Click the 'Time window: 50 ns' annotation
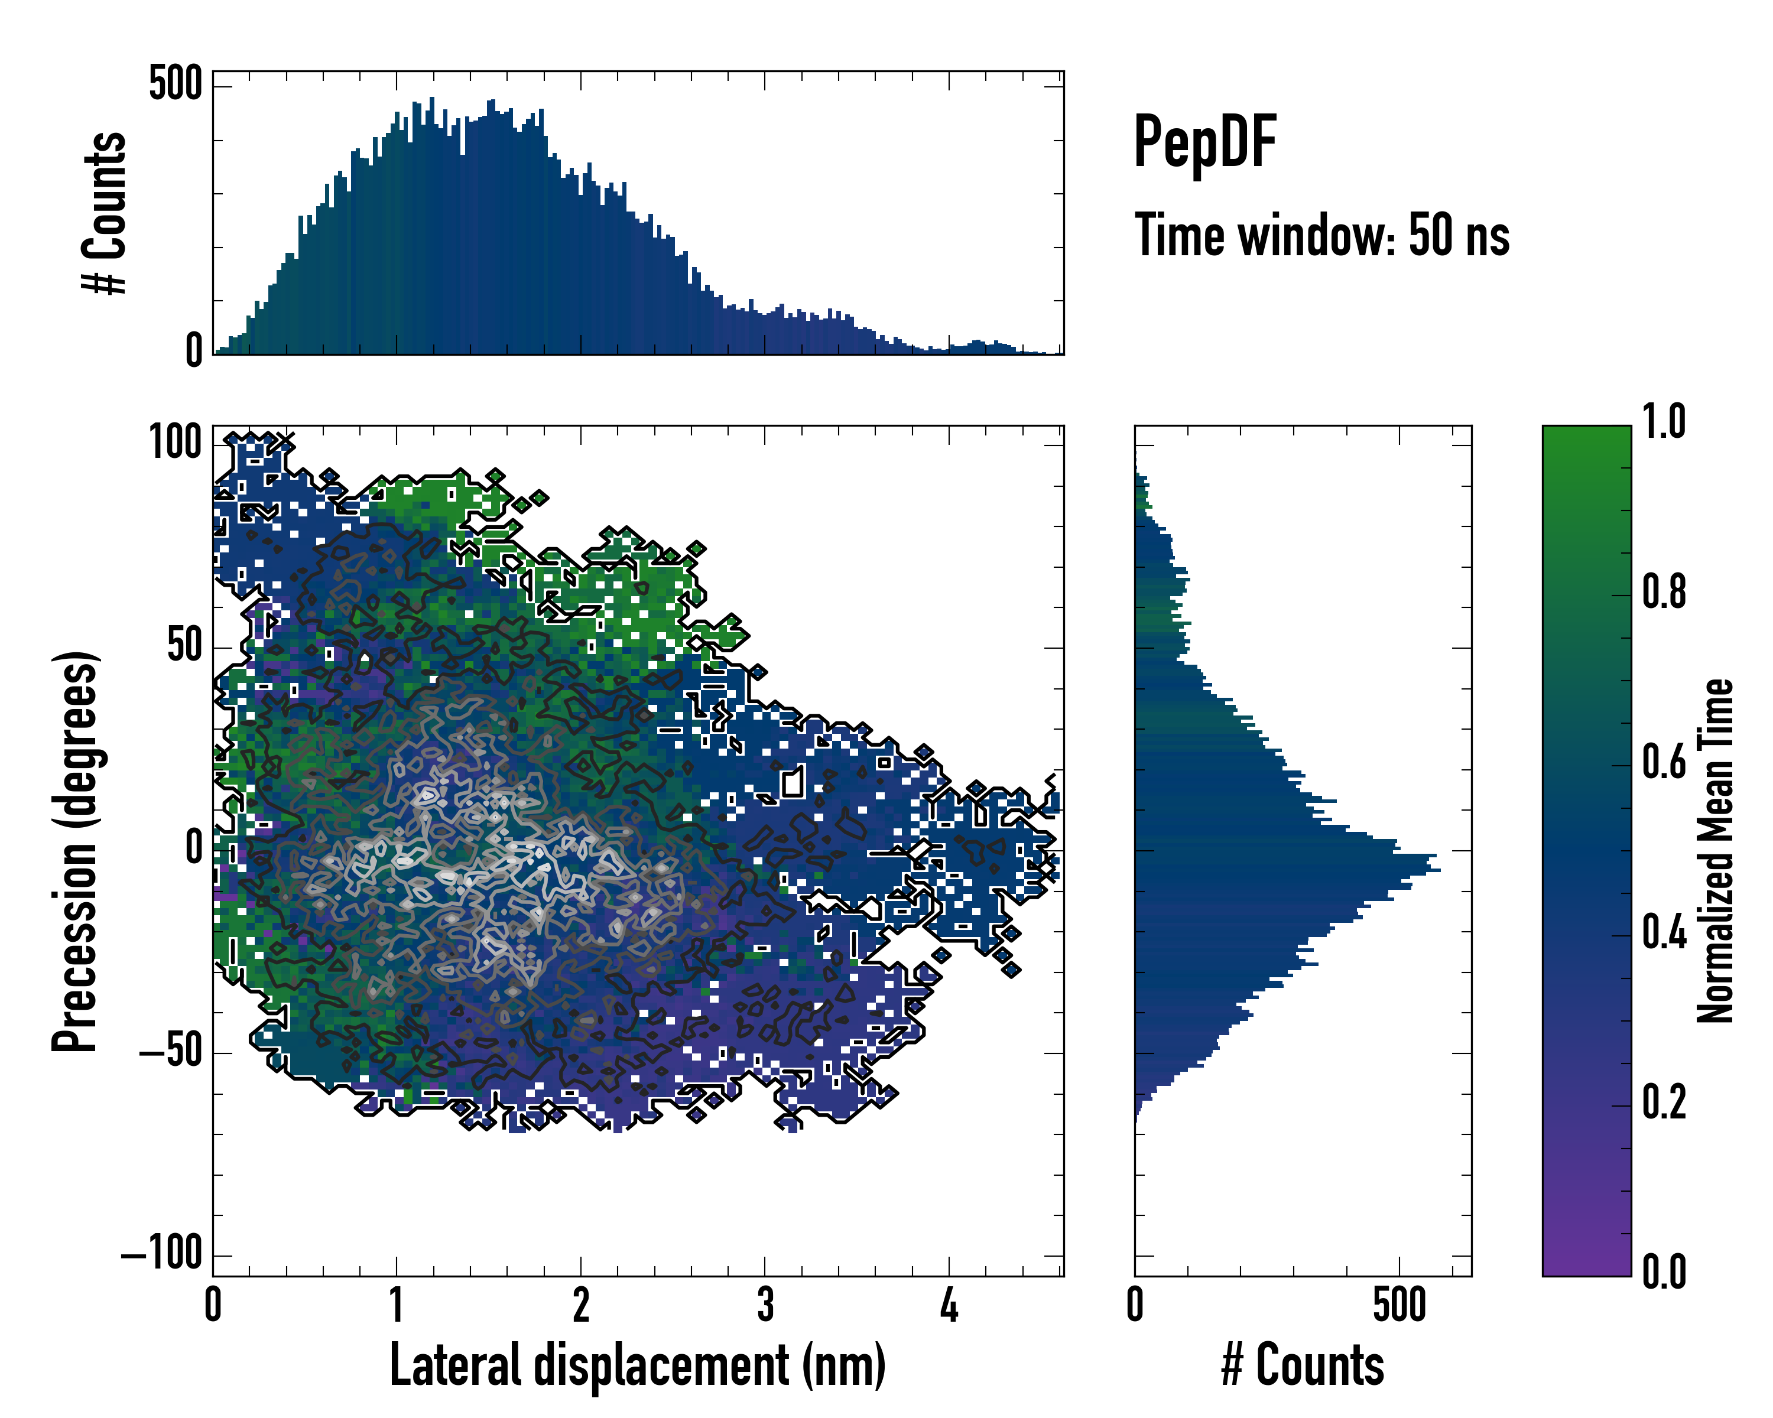coord(1321,236)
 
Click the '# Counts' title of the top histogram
coord(105,213)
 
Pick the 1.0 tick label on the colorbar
coord(1664,422)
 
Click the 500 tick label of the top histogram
coord(175,84)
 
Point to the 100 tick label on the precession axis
coord(175,444)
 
